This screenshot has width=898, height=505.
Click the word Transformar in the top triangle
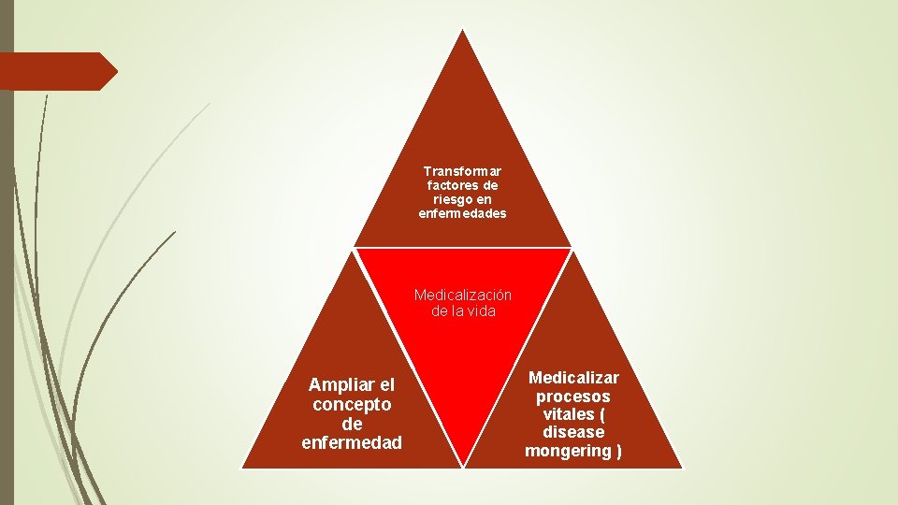point(462,171)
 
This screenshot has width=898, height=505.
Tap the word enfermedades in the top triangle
point(462,213)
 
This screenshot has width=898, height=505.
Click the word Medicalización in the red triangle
point(463,295)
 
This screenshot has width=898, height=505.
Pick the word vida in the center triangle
point(480,310)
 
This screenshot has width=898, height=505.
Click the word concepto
point(352,404)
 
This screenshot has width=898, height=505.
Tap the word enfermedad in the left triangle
point(352,441)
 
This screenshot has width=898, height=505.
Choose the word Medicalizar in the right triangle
point(573,377)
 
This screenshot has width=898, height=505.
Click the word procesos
point(573,396)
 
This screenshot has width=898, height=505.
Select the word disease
point(573,432)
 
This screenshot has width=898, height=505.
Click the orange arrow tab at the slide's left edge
point(56,71)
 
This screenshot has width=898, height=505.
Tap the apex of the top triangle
point(462,30)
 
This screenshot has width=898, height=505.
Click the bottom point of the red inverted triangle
point(463,465)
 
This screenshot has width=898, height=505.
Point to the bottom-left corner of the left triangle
point(243,466)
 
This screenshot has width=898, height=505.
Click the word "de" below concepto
point(352,423)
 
